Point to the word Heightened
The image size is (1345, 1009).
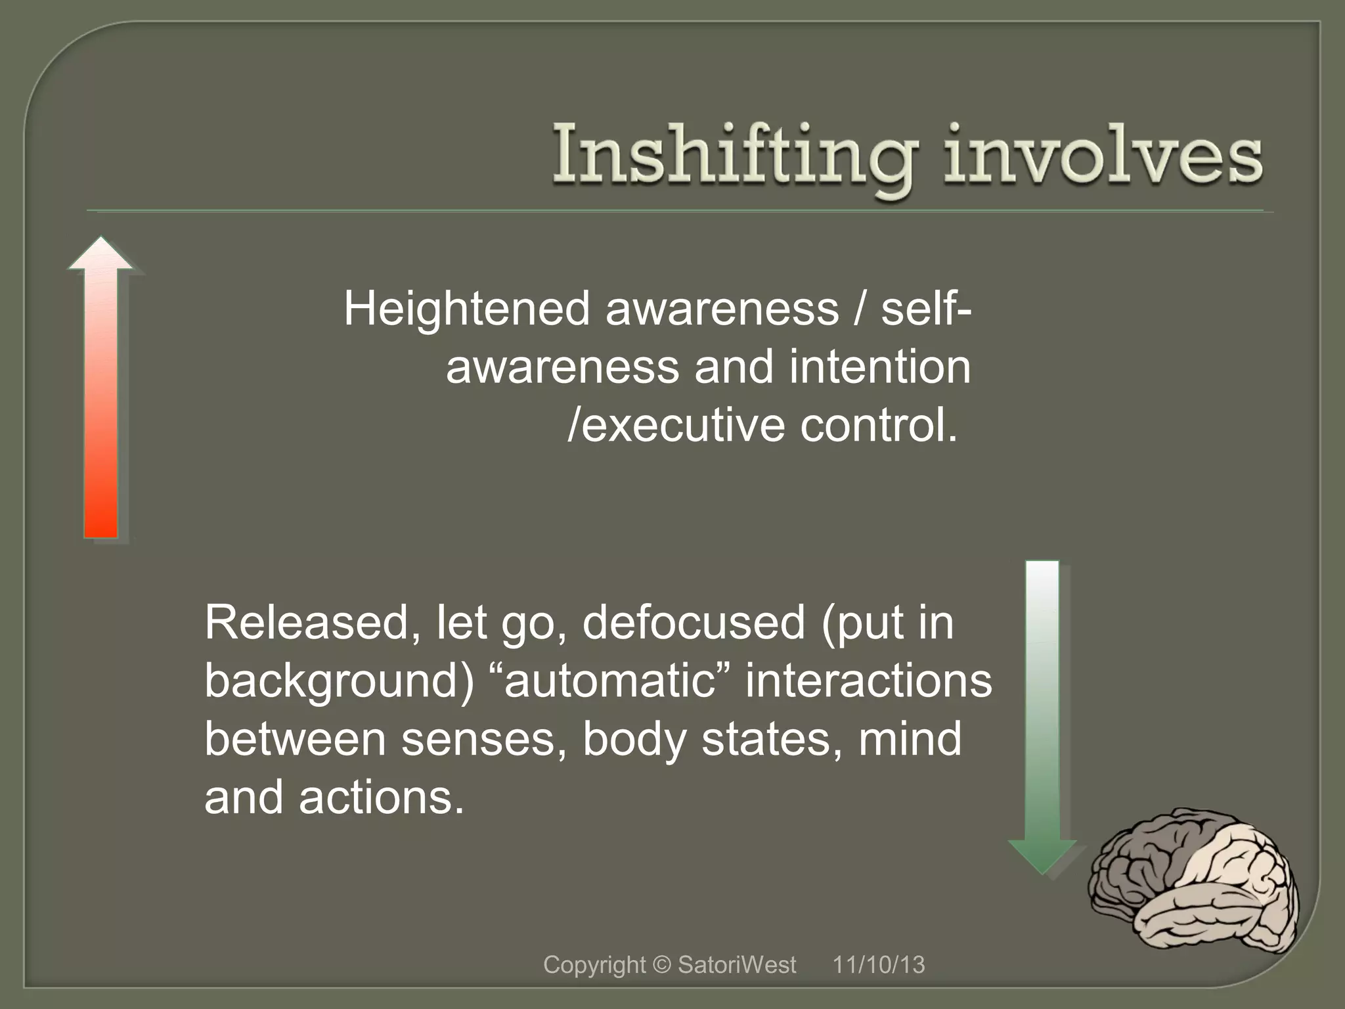466,309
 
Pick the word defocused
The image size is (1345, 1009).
693,622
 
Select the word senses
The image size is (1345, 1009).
483,739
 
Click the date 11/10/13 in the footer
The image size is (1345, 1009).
879,965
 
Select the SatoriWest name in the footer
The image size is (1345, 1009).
736,965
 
